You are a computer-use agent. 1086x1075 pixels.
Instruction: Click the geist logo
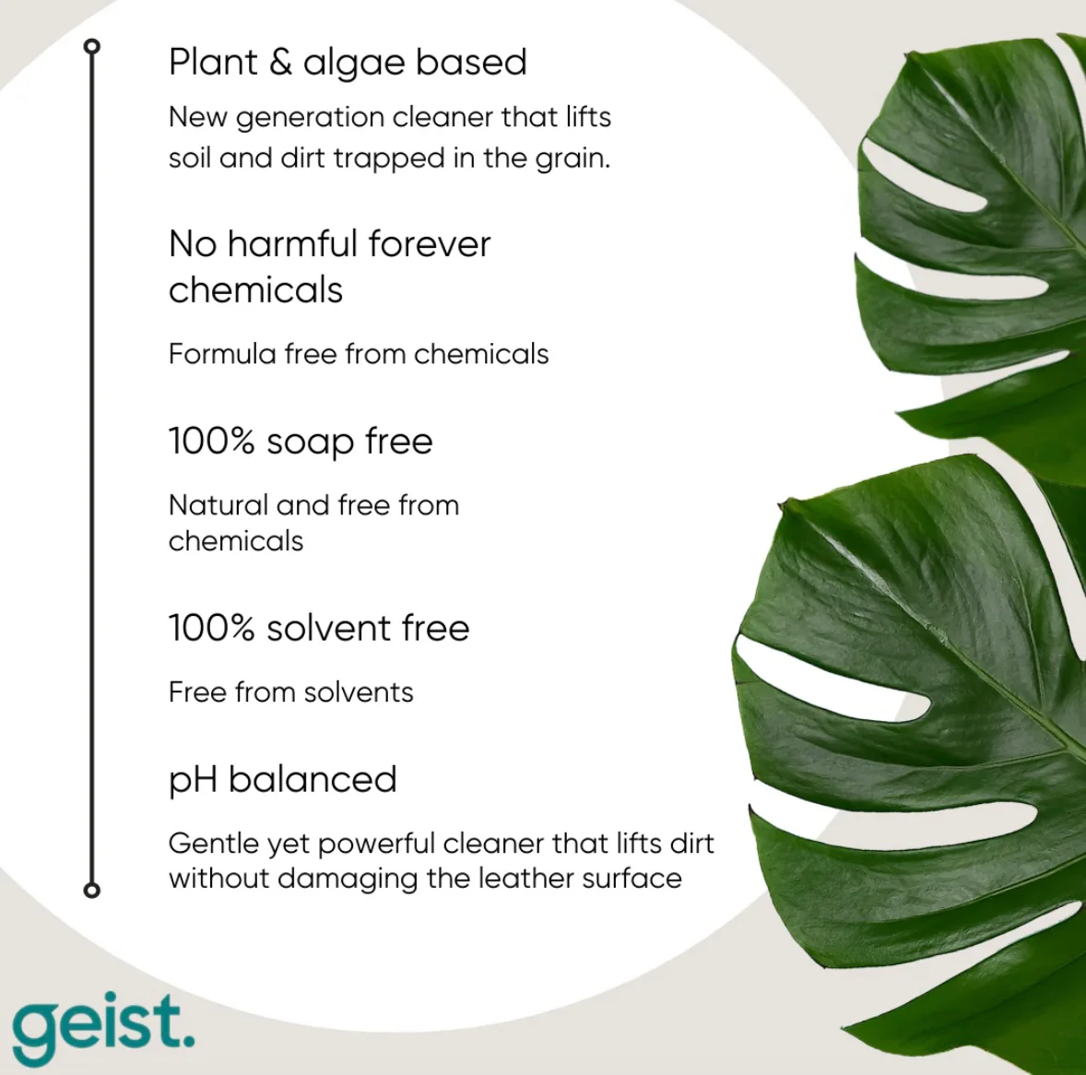click(103, 1028)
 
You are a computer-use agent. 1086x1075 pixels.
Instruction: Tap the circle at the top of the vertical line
click(91, 46)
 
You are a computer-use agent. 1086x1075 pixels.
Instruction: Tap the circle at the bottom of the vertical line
click(91, 890)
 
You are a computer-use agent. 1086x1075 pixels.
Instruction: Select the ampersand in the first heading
click(280, 62)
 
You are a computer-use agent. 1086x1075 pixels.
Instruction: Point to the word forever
click(429, 243)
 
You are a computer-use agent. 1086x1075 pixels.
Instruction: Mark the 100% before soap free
click(212, 441)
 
